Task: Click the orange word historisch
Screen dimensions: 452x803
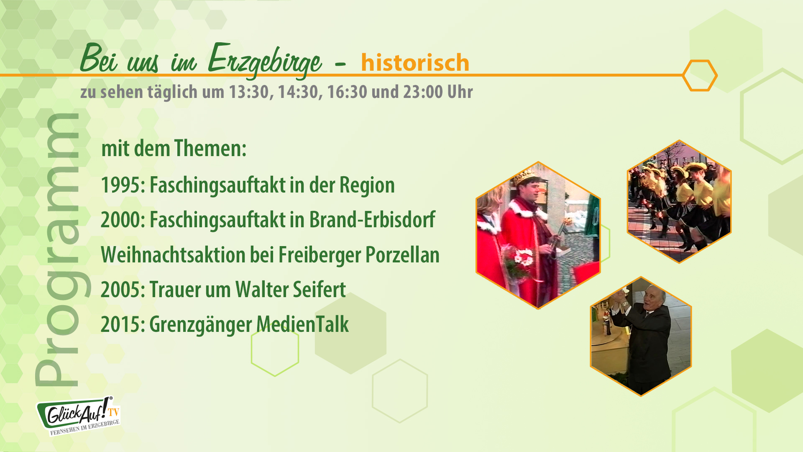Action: (x=415, y=63)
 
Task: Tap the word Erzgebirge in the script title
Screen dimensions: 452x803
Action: (x=265, y=61)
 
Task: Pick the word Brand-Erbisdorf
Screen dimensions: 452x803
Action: (x=372, y=220)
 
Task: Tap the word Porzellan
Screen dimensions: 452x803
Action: (x=402, y=254)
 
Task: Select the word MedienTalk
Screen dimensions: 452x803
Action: (x=302, y=324)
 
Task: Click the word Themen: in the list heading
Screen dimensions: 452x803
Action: (x=210, y=148)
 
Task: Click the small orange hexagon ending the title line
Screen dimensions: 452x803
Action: (x=700, y=75)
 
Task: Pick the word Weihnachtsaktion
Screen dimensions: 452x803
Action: (x=173, y=254)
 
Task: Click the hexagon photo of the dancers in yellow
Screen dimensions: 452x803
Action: (x=679, y=202)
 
